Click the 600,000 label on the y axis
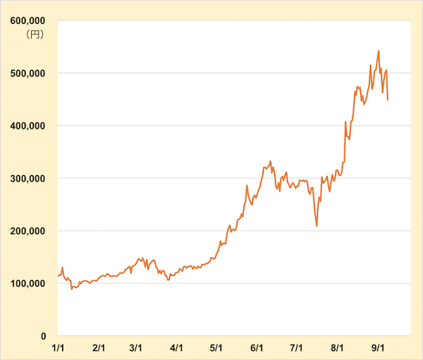coord(27,20)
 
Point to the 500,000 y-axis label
coord(27,73)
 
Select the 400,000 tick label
coord(27,125)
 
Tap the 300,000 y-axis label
coord(27,178)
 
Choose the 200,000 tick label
coord(27,231)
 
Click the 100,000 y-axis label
coord(27,283)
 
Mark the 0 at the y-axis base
coord(43,336)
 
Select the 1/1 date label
coord(59,348)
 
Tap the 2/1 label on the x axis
coord(99,348)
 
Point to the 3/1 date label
coord(137,348)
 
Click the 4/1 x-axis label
coord(177,348)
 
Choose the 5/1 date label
coord(216,348)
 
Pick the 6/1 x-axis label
coord(257,348)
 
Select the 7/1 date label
coord(296,348)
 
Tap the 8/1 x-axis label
coord(337,348)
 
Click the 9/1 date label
coord(377,348)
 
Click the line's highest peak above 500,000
coord(379,51)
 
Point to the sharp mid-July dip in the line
coord(317,225)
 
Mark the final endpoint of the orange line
coord(388,100)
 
